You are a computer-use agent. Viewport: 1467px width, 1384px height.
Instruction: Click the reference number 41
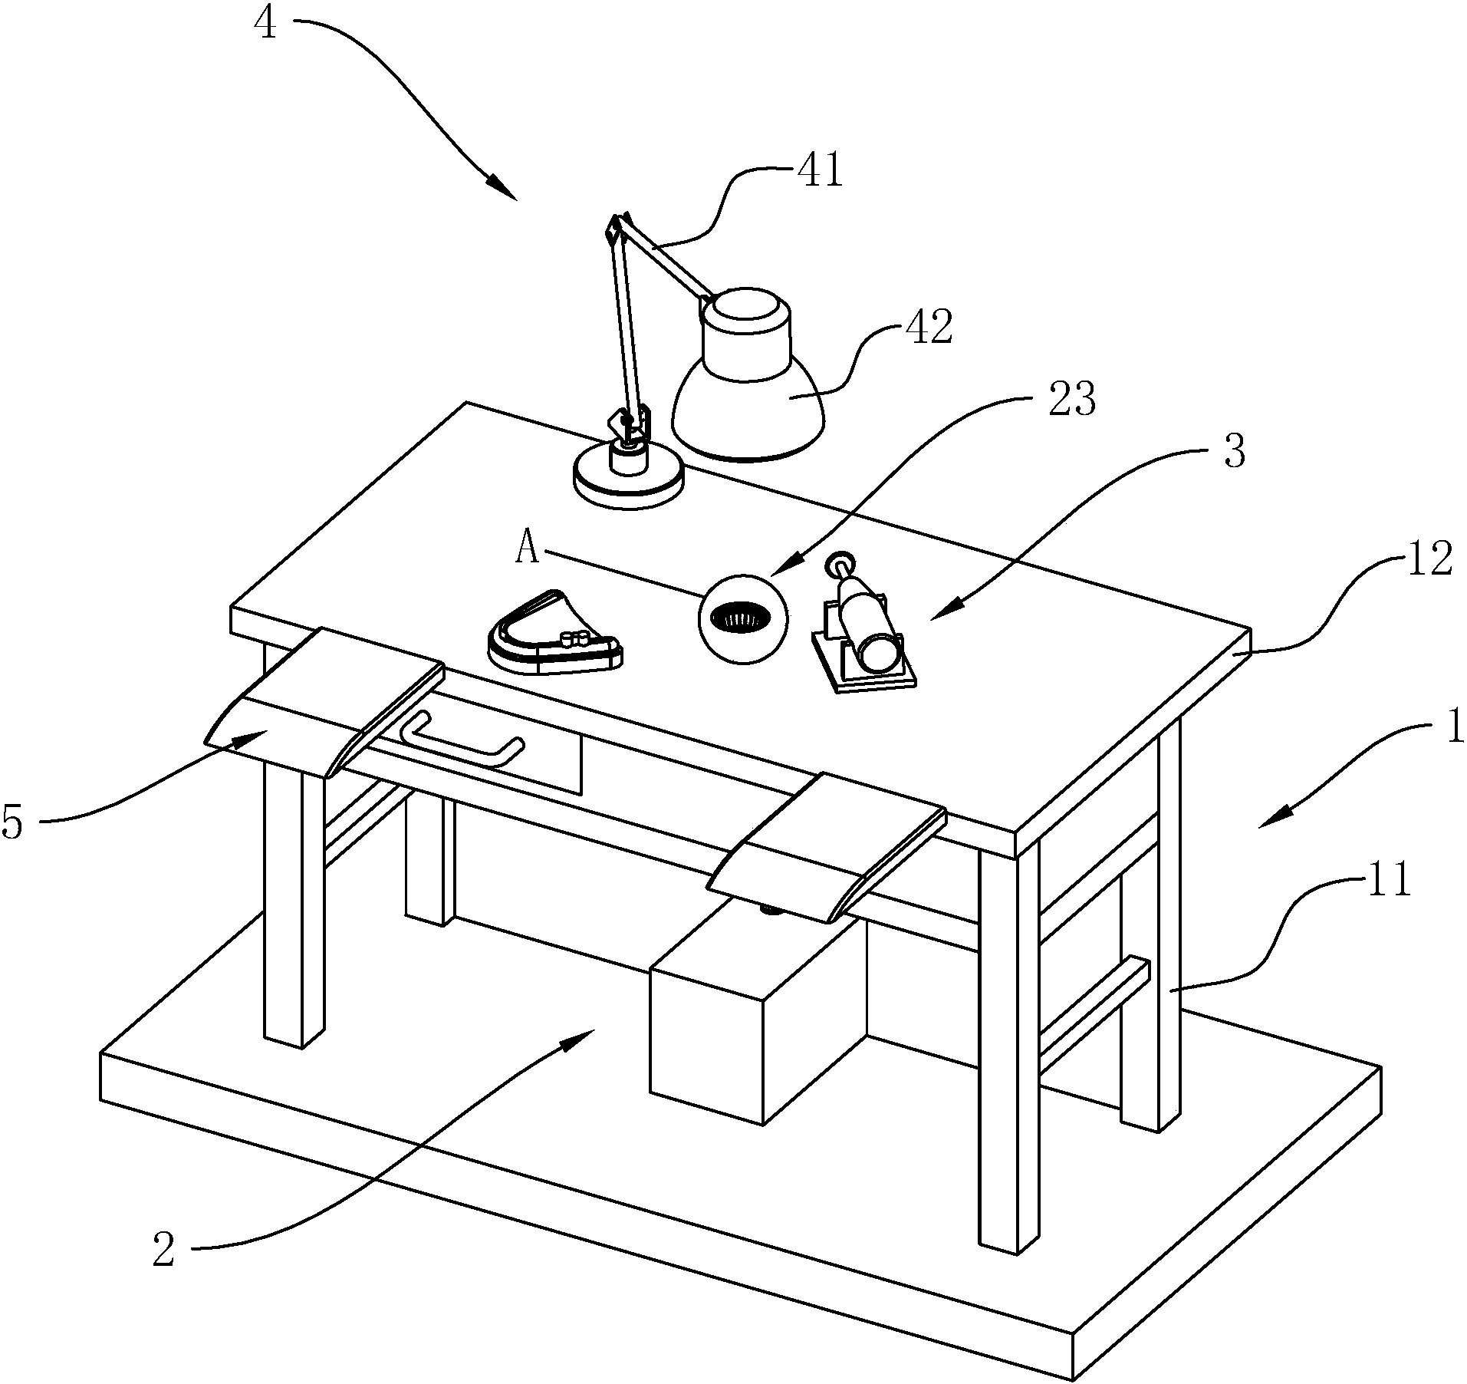[x=820, y=170]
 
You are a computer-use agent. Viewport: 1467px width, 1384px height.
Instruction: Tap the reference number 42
[x=929, y=327]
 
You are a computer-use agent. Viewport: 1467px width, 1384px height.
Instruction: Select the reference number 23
[x=1072, y=399]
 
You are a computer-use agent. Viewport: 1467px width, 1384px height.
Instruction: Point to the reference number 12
[x=1429, y=560]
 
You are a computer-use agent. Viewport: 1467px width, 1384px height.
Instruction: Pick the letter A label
[x=528, y=549]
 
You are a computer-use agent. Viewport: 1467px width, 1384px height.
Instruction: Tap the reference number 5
[x=13, y=822]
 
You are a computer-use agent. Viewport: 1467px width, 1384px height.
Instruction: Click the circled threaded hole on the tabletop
[x=742, y=618]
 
